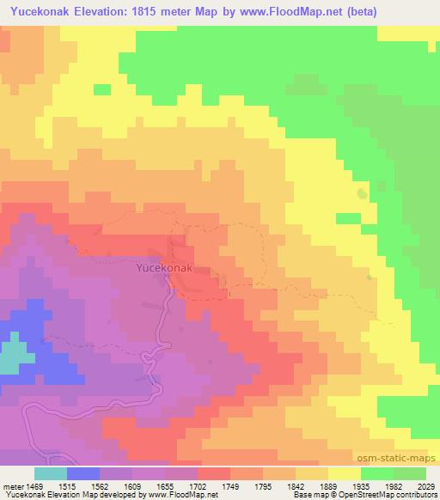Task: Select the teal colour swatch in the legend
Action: coord(50,473)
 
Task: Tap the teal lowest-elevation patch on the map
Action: coord(10,357)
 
